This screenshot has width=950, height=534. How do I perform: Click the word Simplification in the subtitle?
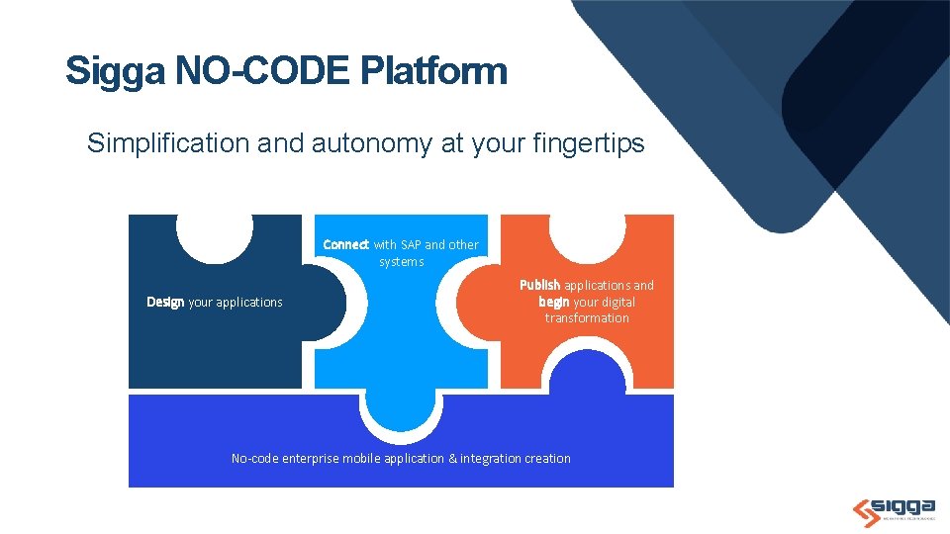point(168,143)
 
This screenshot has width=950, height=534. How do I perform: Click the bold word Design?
point(165,302)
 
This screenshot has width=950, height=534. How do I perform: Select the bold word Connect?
point(346,244)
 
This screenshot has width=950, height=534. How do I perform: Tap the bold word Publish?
point(540,285)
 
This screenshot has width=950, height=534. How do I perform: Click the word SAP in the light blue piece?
point(411,244)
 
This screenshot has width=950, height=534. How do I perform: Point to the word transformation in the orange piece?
point(587,317)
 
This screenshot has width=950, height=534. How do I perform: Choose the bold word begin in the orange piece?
point(553,302)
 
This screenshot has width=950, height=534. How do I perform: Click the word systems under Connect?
point(401,261)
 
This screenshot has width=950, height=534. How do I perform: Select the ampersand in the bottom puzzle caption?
point(452,458)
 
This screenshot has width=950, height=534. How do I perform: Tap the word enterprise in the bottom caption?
point(310,458)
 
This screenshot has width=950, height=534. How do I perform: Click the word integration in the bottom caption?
point(492,458)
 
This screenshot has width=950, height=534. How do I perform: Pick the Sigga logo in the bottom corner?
point(893,507)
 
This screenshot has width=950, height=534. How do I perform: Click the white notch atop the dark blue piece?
point(215,235)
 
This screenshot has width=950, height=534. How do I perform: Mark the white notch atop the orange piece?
point(587,235)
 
